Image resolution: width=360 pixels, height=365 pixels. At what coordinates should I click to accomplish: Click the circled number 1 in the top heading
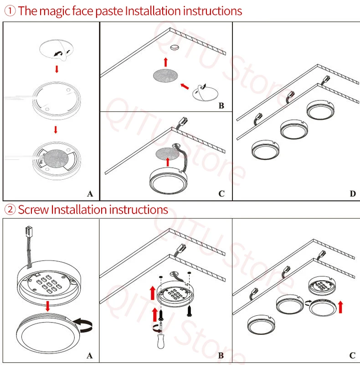pyautogui.click(x=10, y=11)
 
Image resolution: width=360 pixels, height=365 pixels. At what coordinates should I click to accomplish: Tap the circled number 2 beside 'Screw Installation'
pyautogui.click(x=10, y=209)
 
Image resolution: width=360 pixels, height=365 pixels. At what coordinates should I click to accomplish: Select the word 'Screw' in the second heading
pyautogui.click(x=33, y=209)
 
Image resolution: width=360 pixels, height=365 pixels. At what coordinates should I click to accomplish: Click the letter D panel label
pyautogui.click(x=353, y=193)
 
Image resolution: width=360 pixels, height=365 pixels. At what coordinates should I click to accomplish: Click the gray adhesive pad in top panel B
pyautogui.click(x=165, y=75)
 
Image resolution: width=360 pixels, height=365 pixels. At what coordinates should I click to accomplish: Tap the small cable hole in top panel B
pyautogui.click(x=175, y=47)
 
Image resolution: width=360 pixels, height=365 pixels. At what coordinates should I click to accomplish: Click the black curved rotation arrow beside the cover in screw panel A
pyautogui.click(x=83, y=325)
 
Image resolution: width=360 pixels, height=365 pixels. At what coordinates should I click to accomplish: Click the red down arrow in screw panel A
pyautogui.click(x=48, y=306)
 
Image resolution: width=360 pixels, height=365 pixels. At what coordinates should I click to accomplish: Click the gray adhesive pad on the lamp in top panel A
pyautogui.click(x=56, y=159)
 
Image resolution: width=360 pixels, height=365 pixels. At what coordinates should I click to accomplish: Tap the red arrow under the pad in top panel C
pyautogui.click(x=168, y=162)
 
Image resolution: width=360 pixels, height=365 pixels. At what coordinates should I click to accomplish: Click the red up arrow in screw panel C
pyautogui.click(x=341, y=307)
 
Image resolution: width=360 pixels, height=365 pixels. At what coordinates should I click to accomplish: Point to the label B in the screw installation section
pyautogui.click(x=221, y=355)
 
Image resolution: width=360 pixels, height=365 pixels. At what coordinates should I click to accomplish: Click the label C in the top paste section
pyautogui.click(x=221, y=193)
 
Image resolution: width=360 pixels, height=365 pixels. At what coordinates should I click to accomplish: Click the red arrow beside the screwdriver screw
pyautogui.click(x=155, y=314)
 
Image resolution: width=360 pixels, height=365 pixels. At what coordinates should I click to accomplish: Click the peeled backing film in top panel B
pyautogui.click(x=205, y=93)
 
